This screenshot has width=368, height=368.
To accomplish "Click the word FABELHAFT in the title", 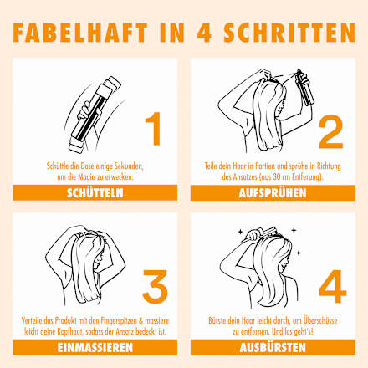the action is [x=80, y=33].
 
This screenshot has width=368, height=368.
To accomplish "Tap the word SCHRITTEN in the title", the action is [x=289, y=33].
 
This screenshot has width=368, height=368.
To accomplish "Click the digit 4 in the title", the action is [x=204, y=33].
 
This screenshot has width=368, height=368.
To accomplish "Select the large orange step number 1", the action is [x=154, y=129].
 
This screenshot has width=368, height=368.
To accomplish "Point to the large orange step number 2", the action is [x=330, y=131].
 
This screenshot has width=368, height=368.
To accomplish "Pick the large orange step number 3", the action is [x=155, y=286].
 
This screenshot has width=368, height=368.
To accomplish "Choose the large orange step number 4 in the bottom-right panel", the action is [x=332, y=286].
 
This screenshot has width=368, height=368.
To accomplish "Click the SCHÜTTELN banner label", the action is [x=95, y=193].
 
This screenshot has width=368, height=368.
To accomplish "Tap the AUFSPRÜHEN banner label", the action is [x=273, y=193].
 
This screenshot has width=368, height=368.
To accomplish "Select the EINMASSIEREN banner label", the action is [x=95, y=348].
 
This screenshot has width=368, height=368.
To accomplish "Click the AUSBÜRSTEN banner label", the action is [x=273, y=348].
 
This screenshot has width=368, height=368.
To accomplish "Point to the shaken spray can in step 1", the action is [x=95, y=115].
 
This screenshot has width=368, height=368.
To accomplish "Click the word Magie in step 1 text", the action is [x=86, y=177].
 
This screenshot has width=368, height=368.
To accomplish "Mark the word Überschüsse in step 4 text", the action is [x=320, y=320].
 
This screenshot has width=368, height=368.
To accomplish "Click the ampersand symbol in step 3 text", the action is [x=141, y=320].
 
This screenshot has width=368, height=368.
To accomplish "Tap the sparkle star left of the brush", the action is [x=240, y=231].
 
